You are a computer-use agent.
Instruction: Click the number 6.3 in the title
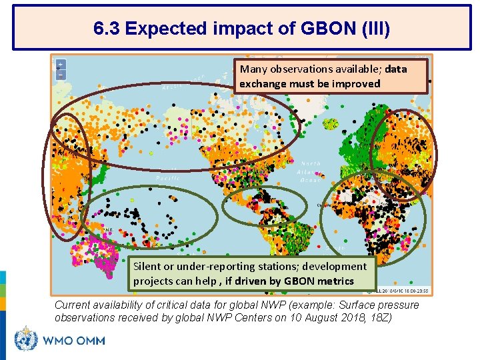pos(107,29)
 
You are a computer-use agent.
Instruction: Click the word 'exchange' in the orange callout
pos(263,83)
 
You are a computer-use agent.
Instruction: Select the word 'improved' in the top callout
pos(356,83)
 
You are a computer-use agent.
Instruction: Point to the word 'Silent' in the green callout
pos(147,266)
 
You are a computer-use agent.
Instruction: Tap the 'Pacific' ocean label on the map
pos(167,179)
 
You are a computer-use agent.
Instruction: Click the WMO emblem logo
pos(27,340)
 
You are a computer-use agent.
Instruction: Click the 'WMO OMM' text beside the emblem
pos(74,341)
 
